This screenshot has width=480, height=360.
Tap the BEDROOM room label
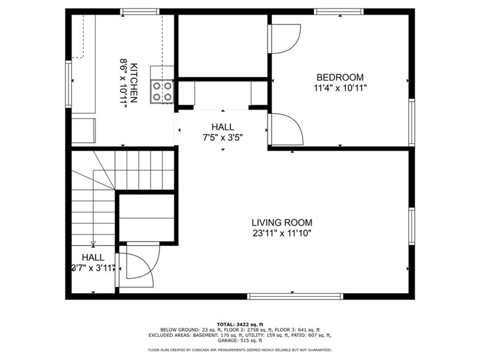point(339,78)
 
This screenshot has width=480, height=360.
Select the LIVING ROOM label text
point(282,223)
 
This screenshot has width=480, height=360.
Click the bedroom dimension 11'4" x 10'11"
point(339,88)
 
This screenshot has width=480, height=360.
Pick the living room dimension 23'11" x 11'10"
point(282,233)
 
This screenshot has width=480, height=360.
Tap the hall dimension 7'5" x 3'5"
point(223,137)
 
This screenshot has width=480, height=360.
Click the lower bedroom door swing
point(286,129)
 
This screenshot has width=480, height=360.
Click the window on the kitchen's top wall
point(140,11)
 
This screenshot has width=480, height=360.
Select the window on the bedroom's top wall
point(339,11)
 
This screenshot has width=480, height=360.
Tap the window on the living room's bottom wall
point(295,296)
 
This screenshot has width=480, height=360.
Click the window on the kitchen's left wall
point(68,84)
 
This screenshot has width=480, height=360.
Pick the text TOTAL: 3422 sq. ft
point(239,324)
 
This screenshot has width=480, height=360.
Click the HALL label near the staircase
point(93,258)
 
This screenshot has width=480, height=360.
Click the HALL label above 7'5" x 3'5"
point(223,127)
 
